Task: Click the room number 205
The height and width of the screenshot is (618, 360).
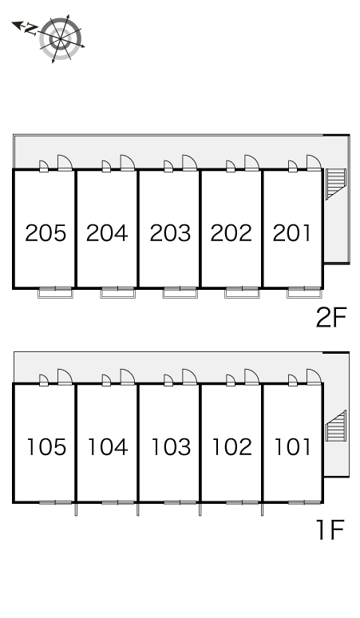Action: pyautogui.click(x=45, y=232)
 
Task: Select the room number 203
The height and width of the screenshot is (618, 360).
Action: pyautogui.click(x=170, y=232)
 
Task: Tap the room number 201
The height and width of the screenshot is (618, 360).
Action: pyautogui.click(x=292, y=232)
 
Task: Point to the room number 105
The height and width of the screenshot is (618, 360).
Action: pyautogui.click(x=46, y=447)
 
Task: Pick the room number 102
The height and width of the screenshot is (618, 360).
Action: pyautogui.click(x=232, y=447)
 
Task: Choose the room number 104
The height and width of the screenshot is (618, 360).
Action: pyautogui.click(x=108, y=447)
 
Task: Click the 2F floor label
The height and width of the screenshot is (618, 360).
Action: pyautogui.click(x=331, y=318)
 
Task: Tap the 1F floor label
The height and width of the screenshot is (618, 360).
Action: pyautogui.click(x=330, y=529)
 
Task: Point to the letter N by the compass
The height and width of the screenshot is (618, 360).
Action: pyautogui.click(x=30, y=30)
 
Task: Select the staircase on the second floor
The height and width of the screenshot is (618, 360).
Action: pyautogui.click(x=335, y=184)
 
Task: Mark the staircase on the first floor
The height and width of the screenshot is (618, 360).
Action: pyautogui.click(x=335, y=426)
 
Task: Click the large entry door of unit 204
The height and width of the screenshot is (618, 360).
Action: pyautogui.click(x=128, y=163)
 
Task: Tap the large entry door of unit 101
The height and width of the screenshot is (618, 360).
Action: pyautogui.click(x=314, y=376)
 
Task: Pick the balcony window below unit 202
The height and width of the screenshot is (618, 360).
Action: pyautogui.click(x=242, y=293)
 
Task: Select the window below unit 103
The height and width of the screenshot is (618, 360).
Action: pyautogui.click(x=180, y=502)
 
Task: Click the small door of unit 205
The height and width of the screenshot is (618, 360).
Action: pyautogui.click(x=44, y=166)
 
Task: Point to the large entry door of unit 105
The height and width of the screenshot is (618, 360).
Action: pyautogui.click(x=65, y=376)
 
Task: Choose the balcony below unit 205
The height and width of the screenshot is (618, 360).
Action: pyautogui.click(x=56, y=293)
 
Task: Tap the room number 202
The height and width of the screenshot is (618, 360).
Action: pyautogui.click(x=231, y=232)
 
